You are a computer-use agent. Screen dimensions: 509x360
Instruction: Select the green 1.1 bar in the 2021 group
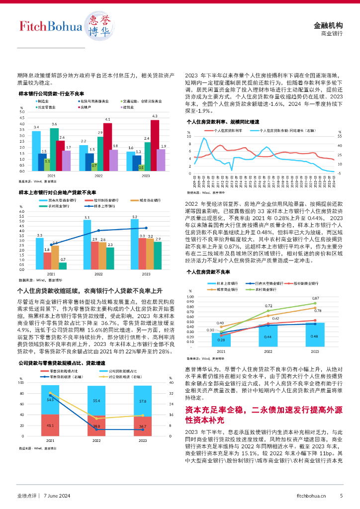point(47,165)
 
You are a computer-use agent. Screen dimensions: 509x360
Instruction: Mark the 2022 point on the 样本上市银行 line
point(98,231)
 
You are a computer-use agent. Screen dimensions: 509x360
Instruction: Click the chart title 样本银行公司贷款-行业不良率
point(51,93)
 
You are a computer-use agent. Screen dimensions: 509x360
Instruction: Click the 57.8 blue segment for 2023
point(143,401)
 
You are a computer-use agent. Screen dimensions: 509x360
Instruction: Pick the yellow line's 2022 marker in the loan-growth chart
point(96,419)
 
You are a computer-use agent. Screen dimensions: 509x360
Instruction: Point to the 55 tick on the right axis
point(340,136)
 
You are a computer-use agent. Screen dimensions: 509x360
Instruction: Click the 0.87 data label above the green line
point(315,298)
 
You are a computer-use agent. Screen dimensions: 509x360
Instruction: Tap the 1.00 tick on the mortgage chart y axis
point(190,297)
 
